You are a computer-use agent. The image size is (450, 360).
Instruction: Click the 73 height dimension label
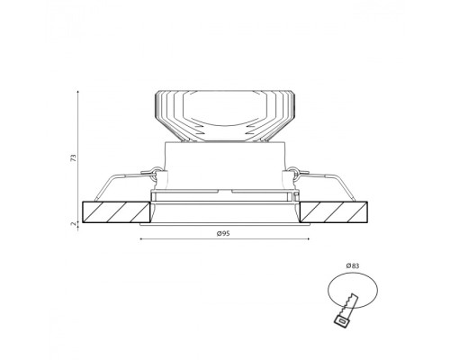(74, 158)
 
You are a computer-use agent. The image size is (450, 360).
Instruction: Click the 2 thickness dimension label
(73, 224)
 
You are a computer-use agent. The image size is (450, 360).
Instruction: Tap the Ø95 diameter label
(223, 233)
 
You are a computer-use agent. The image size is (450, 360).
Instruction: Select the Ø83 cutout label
(353, 265)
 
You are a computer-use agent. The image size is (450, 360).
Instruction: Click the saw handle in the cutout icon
(342, 320)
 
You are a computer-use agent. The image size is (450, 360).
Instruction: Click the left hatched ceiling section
(116, 212)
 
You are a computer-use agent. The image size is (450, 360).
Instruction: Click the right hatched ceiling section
(334, 212)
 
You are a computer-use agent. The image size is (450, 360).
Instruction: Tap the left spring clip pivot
(156, 173)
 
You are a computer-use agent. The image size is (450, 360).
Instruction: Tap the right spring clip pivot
(293, 173)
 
